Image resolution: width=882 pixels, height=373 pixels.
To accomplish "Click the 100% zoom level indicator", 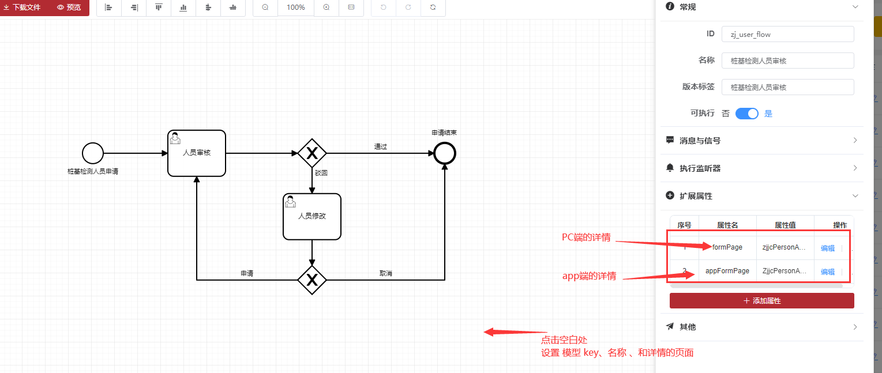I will point(295,7).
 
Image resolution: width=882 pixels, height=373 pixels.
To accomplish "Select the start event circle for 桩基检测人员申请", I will point(93,153).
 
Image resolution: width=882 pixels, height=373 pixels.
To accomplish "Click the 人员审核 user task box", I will point(197,153).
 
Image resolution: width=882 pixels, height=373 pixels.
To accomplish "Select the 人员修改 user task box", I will point(312,217).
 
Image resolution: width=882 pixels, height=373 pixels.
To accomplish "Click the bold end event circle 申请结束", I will point(445,153).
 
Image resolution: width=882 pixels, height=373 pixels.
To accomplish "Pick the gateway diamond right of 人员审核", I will point(312,153).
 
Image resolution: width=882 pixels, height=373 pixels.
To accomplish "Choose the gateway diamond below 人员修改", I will point(312,280).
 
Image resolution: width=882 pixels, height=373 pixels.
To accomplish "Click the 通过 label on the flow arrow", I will point(381,146).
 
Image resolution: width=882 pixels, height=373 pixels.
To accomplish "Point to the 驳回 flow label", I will point(321,172).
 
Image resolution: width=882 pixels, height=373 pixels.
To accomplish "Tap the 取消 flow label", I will point(386,273).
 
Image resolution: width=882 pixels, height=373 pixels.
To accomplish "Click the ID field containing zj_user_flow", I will point(787,34).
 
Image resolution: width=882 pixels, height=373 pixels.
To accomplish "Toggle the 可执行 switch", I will point(746,114).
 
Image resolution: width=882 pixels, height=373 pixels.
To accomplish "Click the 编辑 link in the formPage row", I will point(827,248).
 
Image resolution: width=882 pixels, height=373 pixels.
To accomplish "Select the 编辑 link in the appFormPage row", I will point(827,272).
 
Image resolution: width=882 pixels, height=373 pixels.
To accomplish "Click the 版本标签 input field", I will point(787,87).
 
